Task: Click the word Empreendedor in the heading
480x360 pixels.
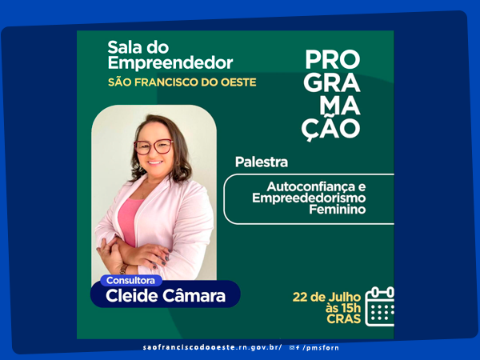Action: tap(170, 63)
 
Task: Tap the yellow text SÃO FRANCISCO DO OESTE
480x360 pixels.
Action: tap(182, 82)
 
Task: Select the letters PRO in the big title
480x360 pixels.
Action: tap(333, 60)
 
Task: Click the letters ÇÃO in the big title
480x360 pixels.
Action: tap(330, 129)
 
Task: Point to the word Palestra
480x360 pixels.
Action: tap(262, 162)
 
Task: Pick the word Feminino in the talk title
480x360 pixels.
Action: tap(338, 210)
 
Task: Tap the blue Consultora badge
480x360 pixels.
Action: tap(130, 281)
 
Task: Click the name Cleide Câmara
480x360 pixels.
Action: tap(166, 296)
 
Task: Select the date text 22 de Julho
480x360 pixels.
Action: tap(326, 298)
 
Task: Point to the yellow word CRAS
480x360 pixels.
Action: tap(344, 319)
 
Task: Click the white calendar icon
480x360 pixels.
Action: tap(379, 306)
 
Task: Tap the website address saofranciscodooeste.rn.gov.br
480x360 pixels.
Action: tap(212, 347)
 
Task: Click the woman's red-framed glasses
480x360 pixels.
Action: tap(154, 146)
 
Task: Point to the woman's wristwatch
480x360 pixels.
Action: tap(123, 269)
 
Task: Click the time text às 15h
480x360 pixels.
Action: tap(343, 308)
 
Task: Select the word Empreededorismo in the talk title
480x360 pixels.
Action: tap(309, 198)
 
